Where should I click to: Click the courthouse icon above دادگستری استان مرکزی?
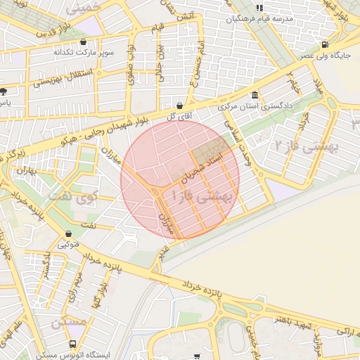pos(254,96)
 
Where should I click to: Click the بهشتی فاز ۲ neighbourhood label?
pos(306,146)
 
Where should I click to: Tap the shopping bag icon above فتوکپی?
pos(68,233)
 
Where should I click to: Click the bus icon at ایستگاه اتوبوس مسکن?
pos(73,344)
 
